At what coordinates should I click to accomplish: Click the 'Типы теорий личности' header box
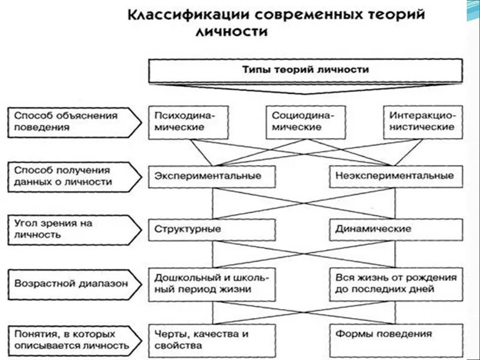coord(305,70)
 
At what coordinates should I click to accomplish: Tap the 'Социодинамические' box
coord(305,121)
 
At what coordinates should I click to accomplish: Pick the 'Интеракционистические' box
coord(422,121)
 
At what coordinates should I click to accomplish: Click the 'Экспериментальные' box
coord(208,176)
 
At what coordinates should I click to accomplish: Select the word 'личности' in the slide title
coord(230,32)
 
